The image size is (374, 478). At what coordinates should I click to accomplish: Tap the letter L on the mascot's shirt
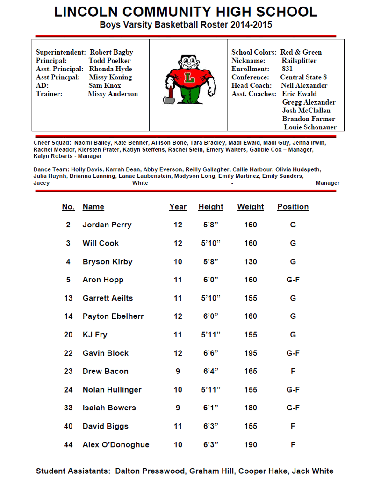pos(189,78)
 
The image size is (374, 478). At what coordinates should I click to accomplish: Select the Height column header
pos(211,207)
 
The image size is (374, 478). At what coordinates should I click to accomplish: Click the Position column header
pos(293,207)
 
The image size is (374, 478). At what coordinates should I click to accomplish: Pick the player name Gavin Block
pos(105,353)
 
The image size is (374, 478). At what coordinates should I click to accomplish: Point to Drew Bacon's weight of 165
pos(251,372)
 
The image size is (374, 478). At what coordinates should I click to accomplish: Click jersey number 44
pos(68,445)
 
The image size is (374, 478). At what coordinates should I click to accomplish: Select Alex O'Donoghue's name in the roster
pos(116,445)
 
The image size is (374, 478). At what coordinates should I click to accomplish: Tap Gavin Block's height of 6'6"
pos(211,353)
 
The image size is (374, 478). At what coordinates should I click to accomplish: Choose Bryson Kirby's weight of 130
pos(251,262)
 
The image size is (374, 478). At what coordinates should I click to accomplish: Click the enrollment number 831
pos(288,69)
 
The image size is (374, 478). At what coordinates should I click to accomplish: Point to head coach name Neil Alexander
pos(304,86)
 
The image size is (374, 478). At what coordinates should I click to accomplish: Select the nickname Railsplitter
pos(299,61)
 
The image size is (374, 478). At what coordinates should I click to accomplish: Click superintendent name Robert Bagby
pos(111,52)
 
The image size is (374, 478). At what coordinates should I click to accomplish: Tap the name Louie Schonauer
pos(310,127)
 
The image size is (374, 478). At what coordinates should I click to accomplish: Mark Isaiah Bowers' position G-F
pos(293,408)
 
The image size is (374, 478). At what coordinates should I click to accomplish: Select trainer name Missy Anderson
pos(113,94)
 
